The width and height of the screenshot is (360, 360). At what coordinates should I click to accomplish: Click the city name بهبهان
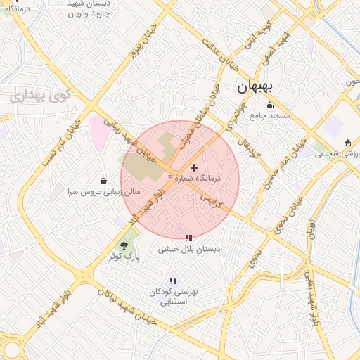pos(258,87)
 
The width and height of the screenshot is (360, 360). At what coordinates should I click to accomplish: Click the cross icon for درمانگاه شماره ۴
pos(194,167)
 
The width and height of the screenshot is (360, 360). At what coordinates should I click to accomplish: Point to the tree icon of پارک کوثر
pos(124,245)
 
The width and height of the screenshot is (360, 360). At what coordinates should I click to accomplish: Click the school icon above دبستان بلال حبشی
pos(188,238)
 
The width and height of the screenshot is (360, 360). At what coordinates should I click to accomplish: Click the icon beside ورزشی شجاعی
pos(347,143)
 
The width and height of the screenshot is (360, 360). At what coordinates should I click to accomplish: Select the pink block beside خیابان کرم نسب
pos(98,131)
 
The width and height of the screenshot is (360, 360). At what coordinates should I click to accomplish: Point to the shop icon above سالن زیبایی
pos(104,181)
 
